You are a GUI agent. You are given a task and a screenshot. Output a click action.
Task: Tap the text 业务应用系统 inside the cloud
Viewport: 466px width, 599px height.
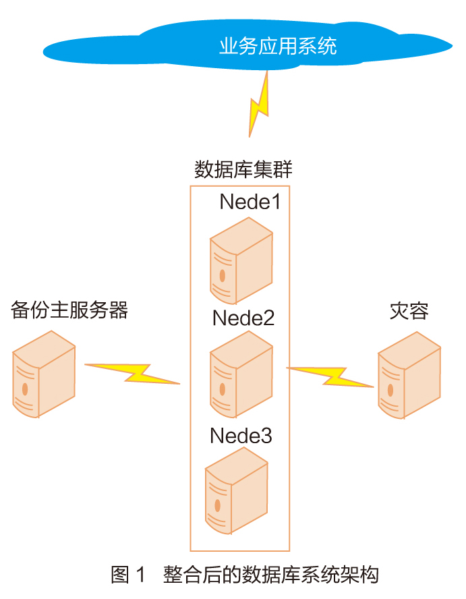pyautogui.click(x=277, y=47)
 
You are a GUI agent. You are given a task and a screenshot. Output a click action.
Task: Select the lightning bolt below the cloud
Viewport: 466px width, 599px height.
pyautogui.click(x=259, y=105)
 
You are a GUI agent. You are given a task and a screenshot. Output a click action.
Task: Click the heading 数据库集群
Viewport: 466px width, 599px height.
pyautogui.click(x=243, y=169)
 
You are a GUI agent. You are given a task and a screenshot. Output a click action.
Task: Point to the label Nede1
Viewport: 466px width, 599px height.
pyautogui.click(x=250, y=202)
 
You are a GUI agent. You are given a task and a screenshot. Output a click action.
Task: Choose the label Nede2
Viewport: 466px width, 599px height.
pyautogui.click(x=243, y=317)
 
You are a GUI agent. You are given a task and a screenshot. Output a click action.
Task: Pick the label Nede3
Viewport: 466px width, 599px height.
pyautogui.click(x=241, y=435)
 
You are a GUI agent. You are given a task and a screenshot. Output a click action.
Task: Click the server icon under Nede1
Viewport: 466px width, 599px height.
pyautogui.click(x=240, y=263)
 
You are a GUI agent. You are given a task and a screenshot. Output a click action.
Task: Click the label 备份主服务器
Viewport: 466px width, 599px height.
pyautogui.click(x=69, y=310)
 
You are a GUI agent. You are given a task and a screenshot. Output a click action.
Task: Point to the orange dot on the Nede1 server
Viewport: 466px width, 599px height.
pyautogui.click(x=221, y=275)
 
